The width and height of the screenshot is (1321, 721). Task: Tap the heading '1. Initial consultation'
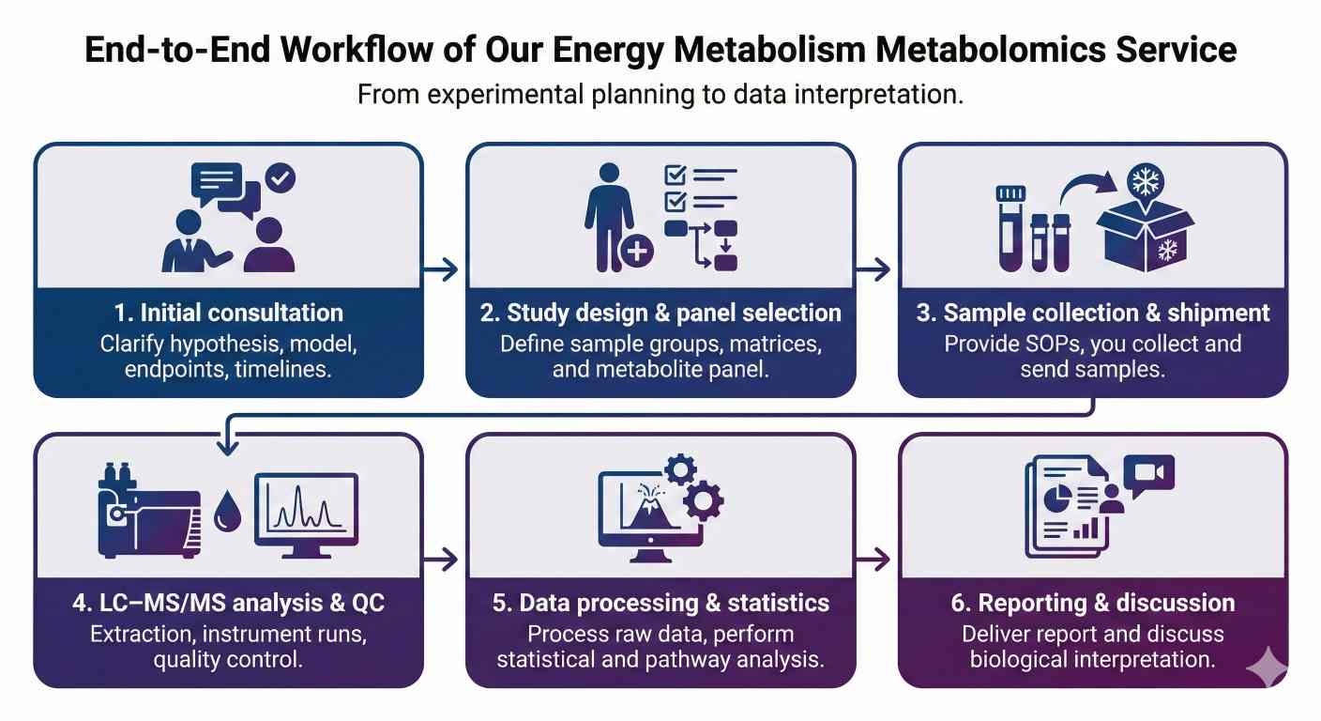point(228,313)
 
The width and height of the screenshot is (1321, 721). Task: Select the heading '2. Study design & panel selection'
point(660,313)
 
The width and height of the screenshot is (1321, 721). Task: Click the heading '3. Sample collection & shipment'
point(1093,313)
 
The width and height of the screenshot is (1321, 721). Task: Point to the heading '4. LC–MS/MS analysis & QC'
point(228,603)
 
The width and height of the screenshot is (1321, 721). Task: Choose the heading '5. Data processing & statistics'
point(660,603)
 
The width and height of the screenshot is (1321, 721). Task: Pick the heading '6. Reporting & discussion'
point(1093,603)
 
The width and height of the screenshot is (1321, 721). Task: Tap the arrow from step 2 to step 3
point(875,270)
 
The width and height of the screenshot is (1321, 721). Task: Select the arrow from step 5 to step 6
point(875,560)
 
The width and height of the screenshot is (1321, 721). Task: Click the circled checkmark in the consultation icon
point(281,177)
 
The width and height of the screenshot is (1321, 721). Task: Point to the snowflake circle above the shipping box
point(1145,181)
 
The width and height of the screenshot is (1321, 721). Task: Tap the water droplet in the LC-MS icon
point(227,513)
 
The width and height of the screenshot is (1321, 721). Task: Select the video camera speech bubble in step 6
point(1149,476)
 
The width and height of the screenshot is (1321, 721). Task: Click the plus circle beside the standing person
point(637,252)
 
